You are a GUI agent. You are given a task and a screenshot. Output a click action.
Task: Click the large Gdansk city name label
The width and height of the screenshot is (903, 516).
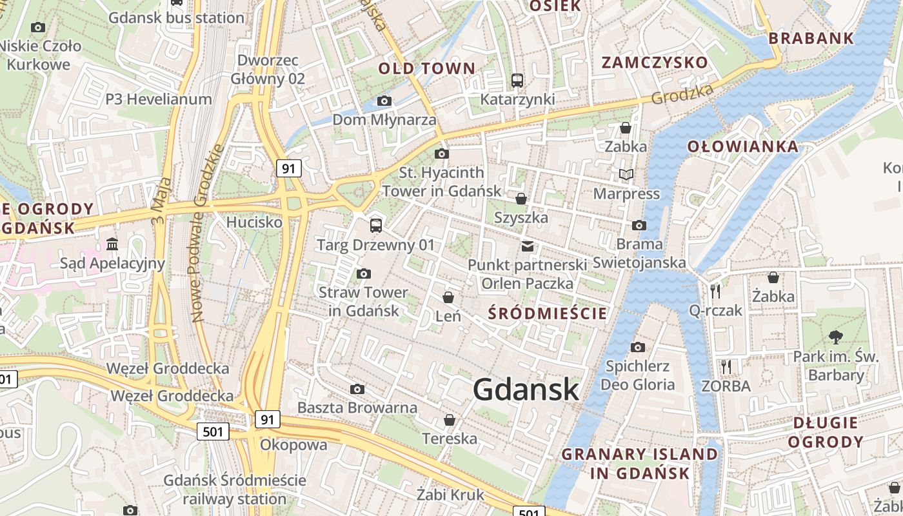click(526, 390)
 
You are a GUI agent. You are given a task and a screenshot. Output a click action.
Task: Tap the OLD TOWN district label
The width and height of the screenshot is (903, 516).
click(426, 68)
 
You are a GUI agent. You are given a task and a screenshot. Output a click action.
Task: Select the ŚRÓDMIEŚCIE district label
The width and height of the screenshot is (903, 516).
click(548, 313)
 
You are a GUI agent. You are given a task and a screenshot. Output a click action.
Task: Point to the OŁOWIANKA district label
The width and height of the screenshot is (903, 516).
click(742, 146)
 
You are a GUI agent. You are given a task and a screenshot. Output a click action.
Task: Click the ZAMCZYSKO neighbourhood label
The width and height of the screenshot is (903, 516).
click(655, 63)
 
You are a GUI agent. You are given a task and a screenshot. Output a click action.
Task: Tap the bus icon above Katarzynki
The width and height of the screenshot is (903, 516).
click(517, 81)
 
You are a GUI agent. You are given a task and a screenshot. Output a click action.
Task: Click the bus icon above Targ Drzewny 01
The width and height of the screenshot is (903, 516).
click(375, 225)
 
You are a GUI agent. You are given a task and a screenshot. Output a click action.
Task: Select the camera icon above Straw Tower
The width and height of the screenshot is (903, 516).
click(363, 273)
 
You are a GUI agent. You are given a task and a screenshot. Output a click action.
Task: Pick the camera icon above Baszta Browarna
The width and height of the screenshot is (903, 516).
click(357, 389)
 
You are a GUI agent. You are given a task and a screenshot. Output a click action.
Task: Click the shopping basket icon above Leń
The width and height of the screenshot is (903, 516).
click(448, 297)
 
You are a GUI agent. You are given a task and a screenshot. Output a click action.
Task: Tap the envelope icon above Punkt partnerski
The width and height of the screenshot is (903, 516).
click(527, 246)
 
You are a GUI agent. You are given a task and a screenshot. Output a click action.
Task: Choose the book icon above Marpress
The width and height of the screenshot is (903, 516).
click(626, 174)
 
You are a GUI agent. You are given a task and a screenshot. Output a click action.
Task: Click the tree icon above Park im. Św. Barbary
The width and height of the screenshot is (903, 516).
click(835, 337)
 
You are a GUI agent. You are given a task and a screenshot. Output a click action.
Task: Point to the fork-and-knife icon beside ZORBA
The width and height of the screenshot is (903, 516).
click(726, 367)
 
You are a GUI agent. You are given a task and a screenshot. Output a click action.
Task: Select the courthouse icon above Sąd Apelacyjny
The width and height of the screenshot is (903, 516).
click(113, 244)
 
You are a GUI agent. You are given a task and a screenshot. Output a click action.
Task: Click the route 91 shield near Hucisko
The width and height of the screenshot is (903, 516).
click(288, 168)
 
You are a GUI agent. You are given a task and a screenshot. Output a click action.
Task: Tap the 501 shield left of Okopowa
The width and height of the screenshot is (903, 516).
click(213, 432)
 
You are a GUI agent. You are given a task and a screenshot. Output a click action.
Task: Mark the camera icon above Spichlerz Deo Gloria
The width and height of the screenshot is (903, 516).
click(637, 348)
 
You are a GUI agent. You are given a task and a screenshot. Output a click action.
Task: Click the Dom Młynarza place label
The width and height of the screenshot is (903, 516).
click(384, 120)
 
